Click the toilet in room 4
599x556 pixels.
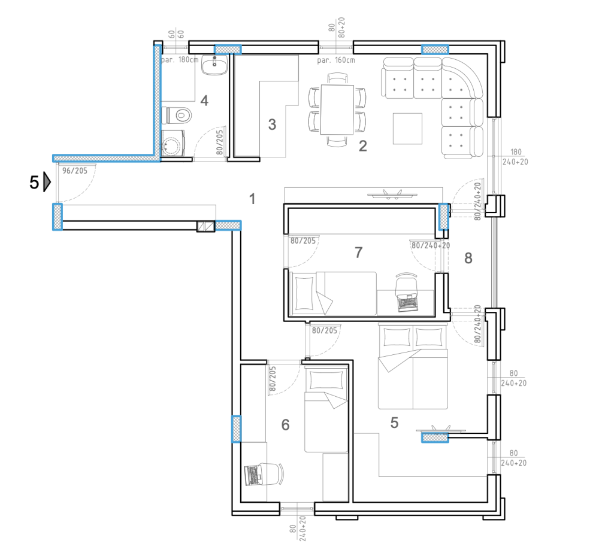(179, 115)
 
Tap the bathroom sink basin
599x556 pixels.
(214, 65)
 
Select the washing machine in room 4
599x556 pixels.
(173, 142)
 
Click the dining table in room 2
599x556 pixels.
(337, 109)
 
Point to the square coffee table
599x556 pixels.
(407, 129)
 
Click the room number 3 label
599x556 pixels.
(272, 124)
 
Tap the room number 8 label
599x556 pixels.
(468, 259)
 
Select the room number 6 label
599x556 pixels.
(285, 425)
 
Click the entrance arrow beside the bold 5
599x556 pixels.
(47, 182)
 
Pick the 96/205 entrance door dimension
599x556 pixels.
(75, 171)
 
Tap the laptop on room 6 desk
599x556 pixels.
(253, 475)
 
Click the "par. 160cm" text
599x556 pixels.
(336, 60)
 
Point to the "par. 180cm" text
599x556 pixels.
(180, 60)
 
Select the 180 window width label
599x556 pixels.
(516, 152)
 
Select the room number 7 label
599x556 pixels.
(358, 253)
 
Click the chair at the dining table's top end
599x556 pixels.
(337, 78)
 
